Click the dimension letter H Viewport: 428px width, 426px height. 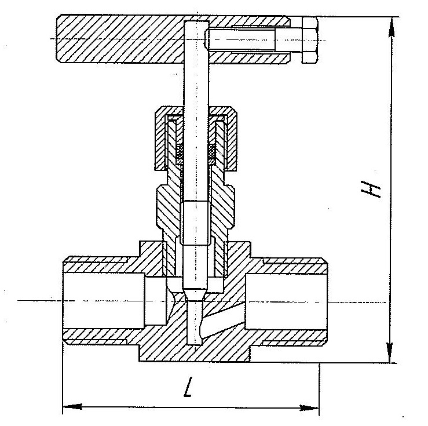tap(371, 189)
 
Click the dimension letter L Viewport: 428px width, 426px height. tap(188, 387)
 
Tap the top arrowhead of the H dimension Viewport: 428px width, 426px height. tap(392, 27)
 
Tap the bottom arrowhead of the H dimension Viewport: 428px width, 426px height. tap(390, 352)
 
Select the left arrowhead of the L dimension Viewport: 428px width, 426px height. tap(72, 407)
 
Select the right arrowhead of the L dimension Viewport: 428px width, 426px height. tap(309, 408)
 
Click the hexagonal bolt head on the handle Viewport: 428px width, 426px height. tap(309, 40)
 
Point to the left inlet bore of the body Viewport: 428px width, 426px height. tap(104, 300)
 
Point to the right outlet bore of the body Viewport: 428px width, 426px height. tap(286, 301)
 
